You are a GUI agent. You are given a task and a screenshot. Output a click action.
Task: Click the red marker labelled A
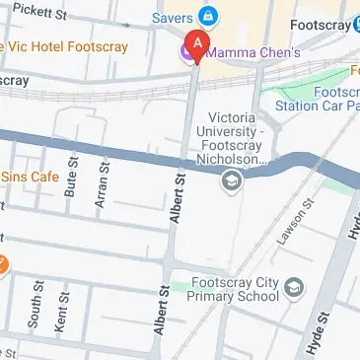click(196, 45)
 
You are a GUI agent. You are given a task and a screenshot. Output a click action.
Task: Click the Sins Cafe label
click(33, 177)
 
